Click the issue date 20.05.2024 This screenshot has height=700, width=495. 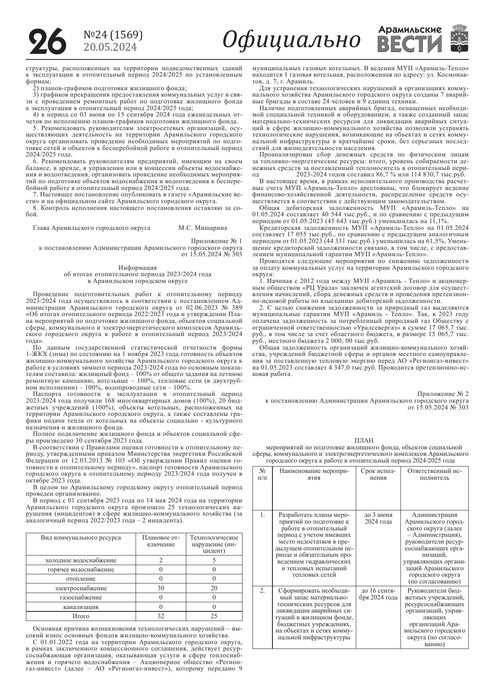110,47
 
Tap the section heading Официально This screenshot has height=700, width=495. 292,40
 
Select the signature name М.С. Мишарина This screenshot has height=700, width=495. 203,228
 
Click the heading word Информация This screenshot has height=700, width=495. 138,267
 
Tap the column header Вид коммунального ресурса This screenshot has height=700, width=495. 81,537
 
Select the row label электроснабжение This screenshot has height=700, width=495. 81,588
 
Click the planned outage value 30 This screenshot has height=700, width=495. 161,588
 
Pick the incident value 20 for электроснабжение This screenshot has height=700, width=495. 214,588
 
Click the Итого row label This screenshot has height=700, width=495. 81,616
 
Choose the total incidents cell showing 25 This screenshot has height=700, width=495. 214,616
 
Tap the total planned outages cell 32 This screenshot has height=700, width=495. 161,616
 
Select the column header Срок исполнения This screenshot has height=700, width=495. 378,474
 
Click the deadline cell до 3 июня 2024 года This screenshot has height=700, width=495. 378,518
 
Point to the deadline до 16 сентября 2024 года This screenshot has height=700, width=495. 378,594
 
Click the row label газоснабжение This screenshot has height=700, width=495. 81,597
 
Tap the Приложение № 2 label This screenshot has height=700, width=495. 443,394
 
